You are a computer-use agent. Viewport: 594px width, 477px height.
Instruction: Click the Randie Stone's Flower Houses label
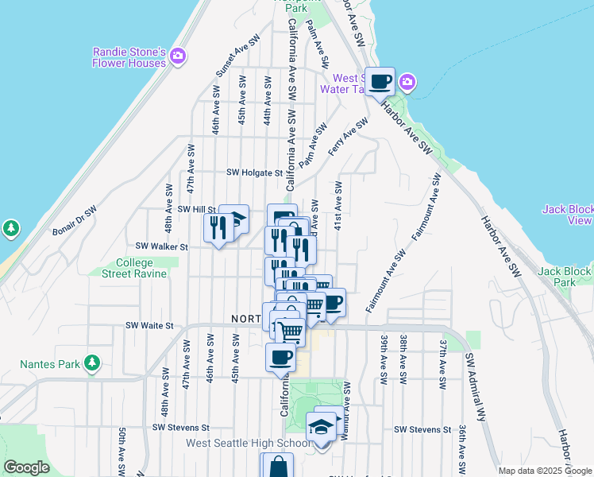(x=129, y=57)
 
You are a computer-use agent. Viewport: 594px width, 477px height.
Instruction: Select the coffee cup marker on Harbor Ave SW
(x=380, y=81)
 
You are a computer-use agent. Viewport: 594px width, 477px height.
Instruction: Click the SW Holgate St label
(x=254, y=172)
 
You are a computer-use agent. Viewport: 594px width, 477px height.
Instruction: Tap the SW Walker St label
(x=162, y=246)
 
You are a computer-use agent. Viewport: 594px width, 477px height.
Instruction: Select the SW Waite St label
(x=150, y=325)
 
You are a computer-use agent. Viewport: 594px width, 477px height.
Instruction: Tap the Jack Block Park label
(x=566, y=277)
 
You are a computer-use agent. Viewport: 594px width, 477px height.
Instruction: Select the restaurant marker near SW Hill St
(x=215, y=228)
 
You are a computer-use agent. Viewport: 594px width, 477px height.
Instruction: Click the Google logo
(x=26, y=467)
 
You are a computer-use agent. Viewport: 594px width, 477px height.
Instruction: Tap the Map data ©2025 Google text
(x=545, y=471)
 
